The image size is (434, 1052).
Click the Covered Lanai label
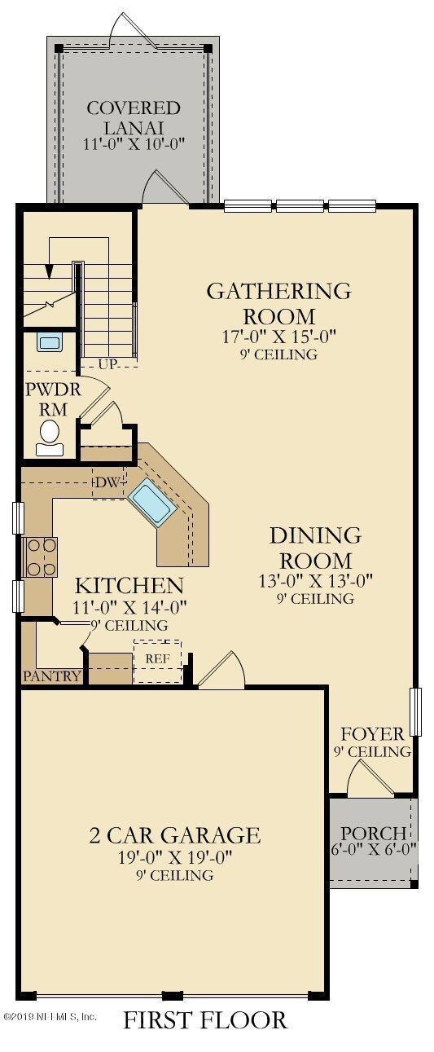pyautogui.click(x=134, y=117)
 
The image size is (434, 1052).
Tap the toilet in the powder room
pyautogui.click(x=50, y=438)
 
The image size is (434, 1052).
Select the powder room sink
pyautogui.click(x=50, y=342)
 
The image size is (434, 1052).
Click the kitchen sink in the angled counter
pyautogui.click(x=151, y=503)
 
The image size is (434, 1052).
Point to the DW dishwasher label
pyautogui.click(x=107, y=482)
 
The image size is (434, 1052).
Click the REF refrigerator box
pyautogui.click(x=158, y=662)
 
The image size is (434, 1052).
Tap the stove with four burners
pyautogui.click(x=42, y=557)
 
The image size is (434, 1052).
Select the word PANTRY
pyautogui.click(x=52, y=676)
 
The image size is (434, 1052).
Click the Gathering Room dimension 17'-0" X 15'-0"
pyautogui.click(x=280, y=337)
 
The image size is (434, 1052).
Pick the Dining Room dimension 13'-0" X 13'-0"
pyautogui.click(x=316, y=581)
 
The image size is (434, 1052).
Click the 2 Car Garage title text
pyautogui.click(x=174, y=835)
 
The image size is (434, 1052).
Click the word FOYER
pyautogui.click(x=372, y=733)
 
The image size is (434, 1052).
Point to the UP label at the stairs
pyautogui.click(x=107, y=364)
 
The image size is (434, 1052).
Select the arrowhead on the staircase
pyautogui.click(x=49, y=272)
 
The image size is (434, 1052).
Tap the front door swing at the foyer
pyautogui.click(x=371, y=778)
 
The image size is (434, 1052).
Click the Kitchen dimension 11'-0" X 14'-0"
pyautogui.click(x=129, y=607)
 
